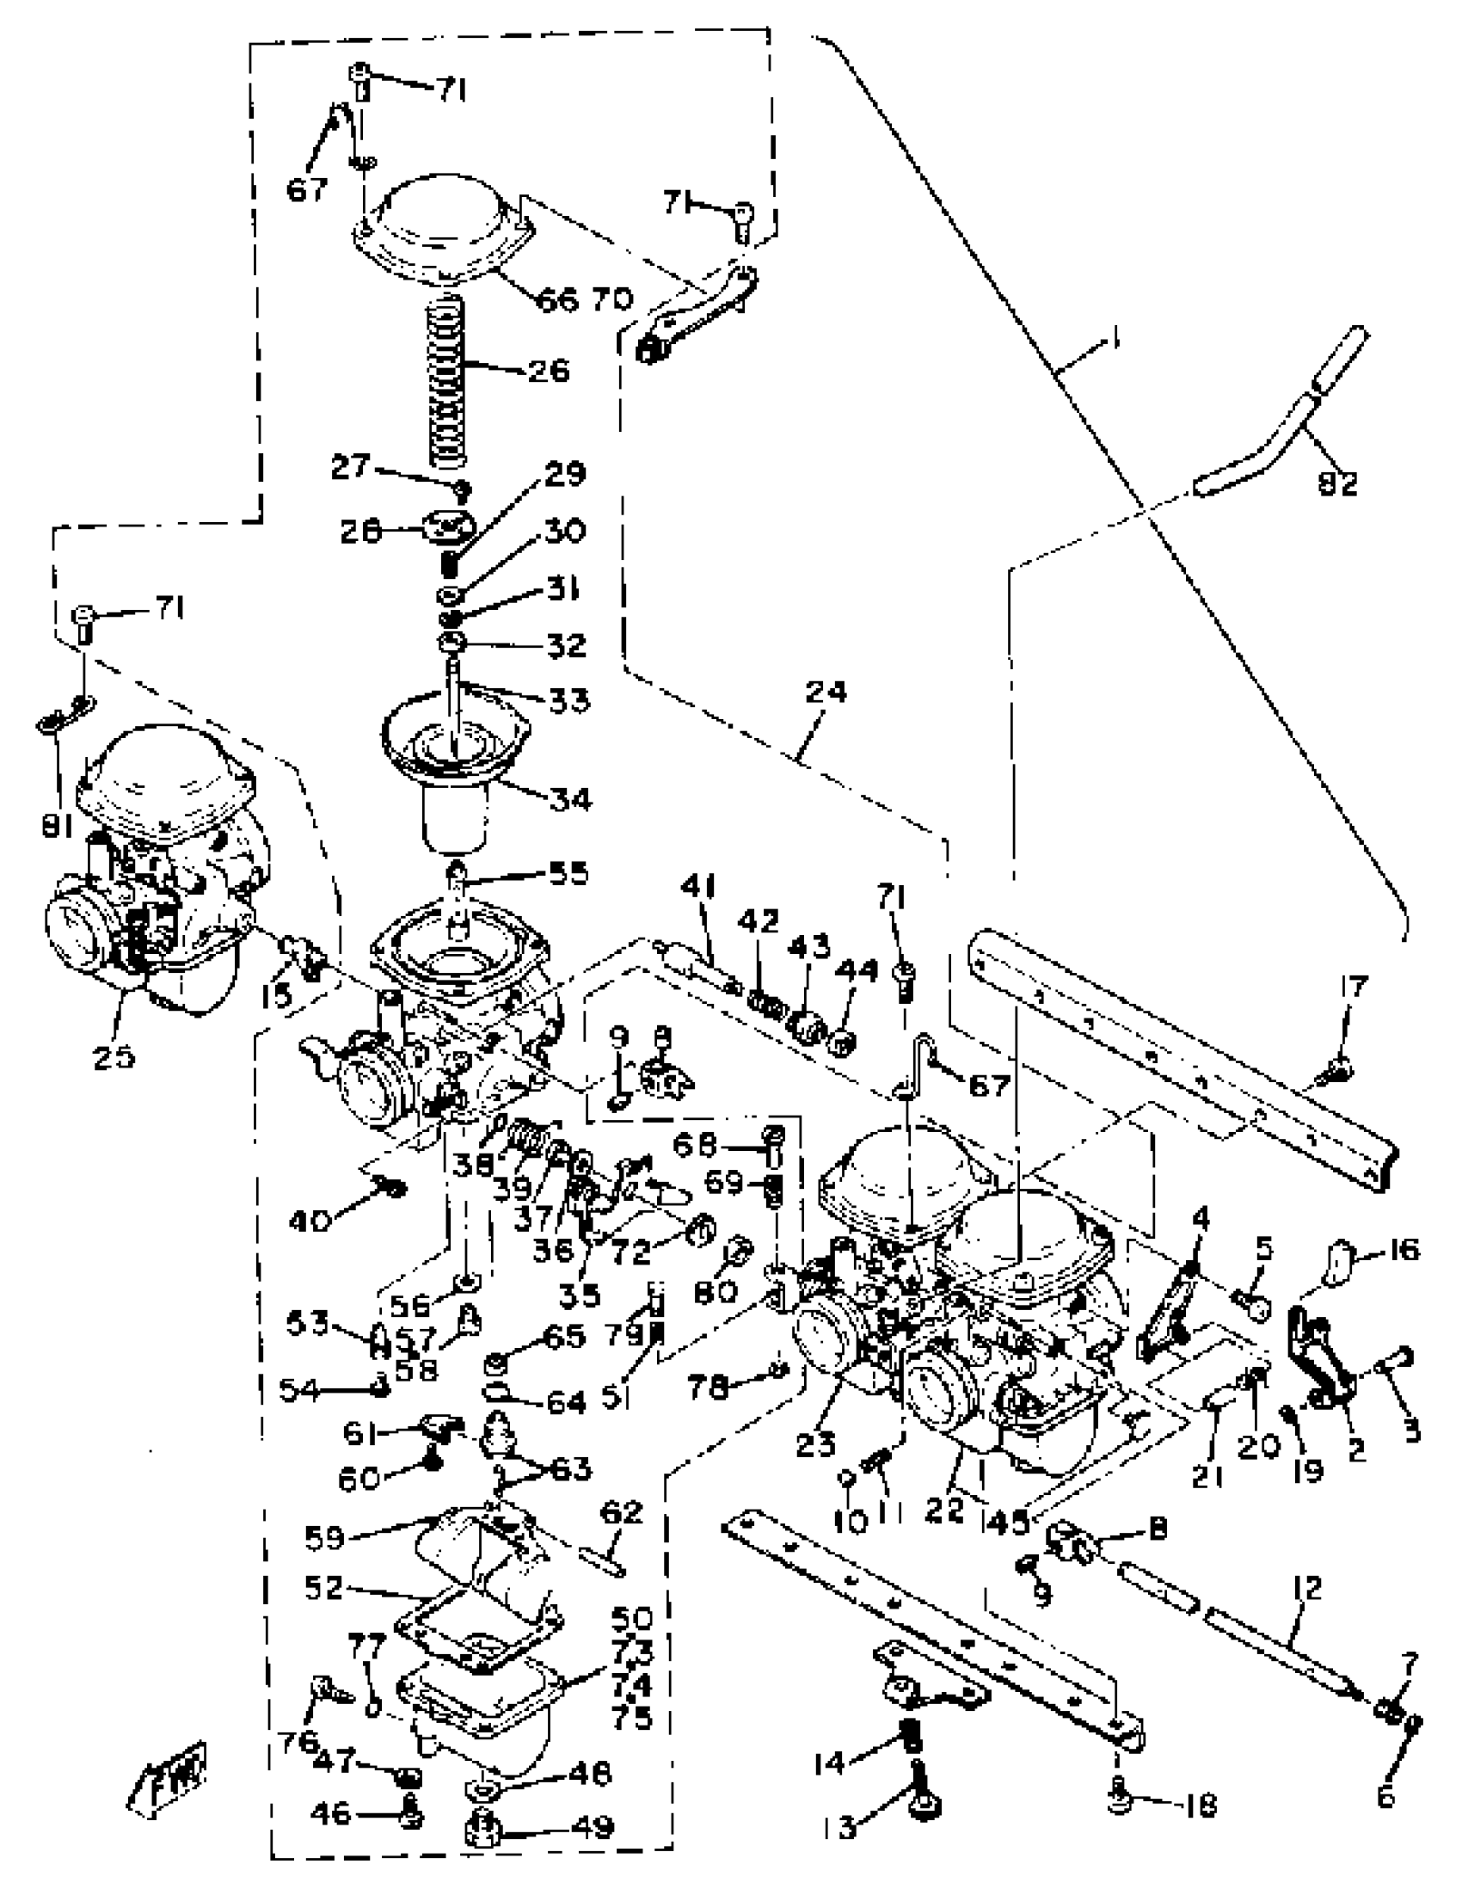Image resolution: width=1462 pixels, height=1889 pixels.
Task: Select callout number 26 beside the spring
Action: [547, 371]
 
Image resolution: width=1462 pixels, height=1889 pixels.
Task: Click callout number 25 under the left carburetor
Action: [114, 1056]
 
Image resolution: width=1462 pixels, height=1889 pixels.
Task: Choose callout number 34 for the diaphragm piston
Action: [570, 798]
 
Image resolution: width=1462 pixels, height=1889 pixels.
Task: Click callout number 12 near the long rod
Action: [1308, 1588]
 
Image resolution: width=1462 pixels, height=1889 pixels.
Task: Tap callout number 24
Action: [826, 692]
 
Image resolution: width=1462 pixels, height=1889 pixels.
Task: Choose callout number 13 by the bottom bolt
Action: [846, 1829]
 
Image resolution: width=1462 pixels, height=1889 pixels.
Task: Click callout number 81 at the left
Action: [58, 827]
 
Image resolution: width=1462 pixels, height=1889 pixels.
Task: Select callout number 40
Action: [310, 1221]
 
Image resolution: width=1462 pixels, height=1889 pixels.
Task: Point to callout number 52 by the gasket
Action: [324, 1588]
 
